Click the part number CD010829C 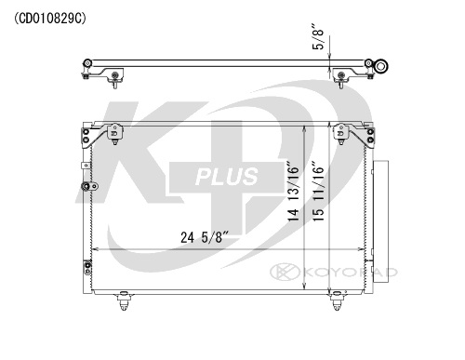50,19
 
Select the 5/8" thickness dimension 318,36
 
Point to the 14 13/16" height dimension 293,192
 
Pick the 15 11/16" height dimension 318,192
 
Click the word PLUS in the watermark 227,177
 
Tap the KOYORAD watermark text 350,273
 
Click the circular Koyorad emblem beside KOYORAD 285,272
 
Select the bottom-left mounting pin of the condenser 124,300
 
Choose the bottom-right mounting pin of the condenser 337,300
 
